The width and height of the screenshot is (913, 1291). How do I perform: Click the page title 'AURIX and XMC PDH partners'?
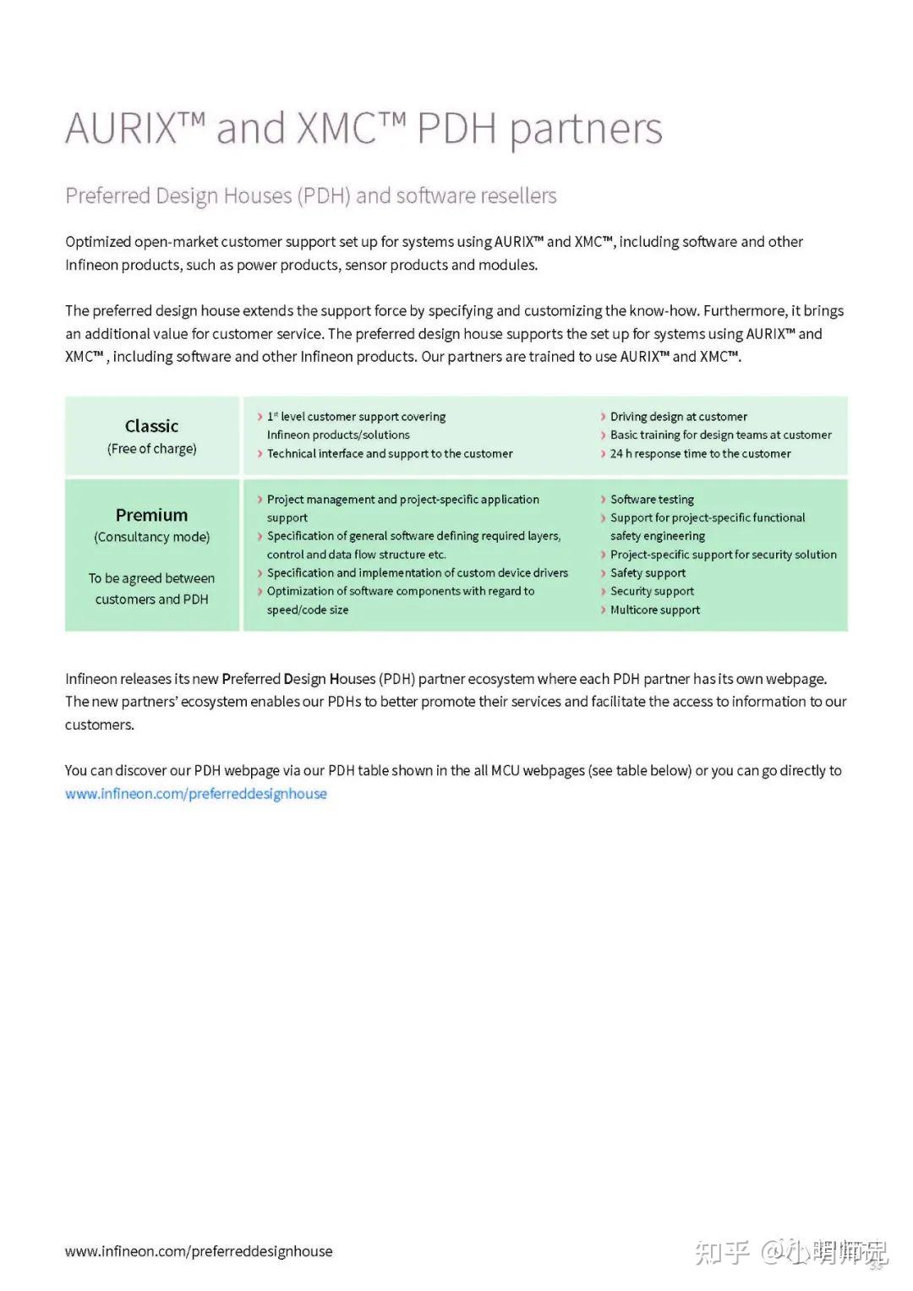click(364, 129)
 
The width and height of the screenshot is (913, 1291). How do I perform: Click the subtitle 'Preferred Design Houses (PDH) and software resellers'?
click(310, 196)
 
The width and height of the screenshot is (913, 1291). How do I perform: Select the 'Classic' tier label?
click(151, 426)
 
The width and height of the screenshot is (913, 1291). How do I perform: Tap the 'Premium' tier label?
click(151, 515)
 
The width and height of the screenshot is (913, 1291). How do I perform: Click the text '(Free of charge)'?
click(151, 449)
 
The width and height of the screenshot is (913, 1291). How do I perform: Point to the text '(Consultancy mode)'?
click(151, 537)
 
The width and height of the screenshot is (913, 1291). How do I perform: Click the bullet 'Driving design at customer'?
click(678, 417)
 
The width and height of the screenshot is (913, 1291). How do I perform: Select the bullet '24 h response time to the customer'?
click(700, 454)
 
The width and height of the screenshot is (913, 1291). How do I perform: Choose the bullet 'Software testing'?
click(652, 500)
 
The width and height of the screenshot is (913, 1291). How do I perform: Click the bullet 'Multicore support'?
click(655, 610)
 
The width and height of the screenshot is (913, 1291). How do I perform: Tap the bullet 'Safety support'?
click(648, 573)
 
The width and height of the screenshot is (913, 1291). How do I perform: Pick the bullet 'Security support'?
click(652, 592)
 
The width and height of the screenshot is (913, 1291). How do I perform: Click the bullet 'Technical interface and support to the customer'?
click(390, 454)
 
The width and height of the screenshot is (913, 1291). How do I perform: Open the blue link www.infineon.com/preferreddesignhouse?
click(196, 794)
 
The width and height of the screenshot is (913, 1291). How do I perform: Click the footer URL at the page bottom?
click(199, 1251)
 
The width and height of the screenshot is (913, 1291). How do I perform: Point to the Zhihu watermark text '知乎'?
click(722, 1252)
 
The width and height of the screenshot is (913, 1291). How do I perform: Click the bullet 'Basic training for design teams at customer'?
click(720, 435)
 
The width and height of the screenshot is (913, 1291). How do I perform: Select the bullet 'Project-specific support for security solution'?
click(723, 555)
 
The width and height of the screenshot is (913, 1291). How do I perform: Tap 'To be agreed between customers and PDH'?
click(151, 588)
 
